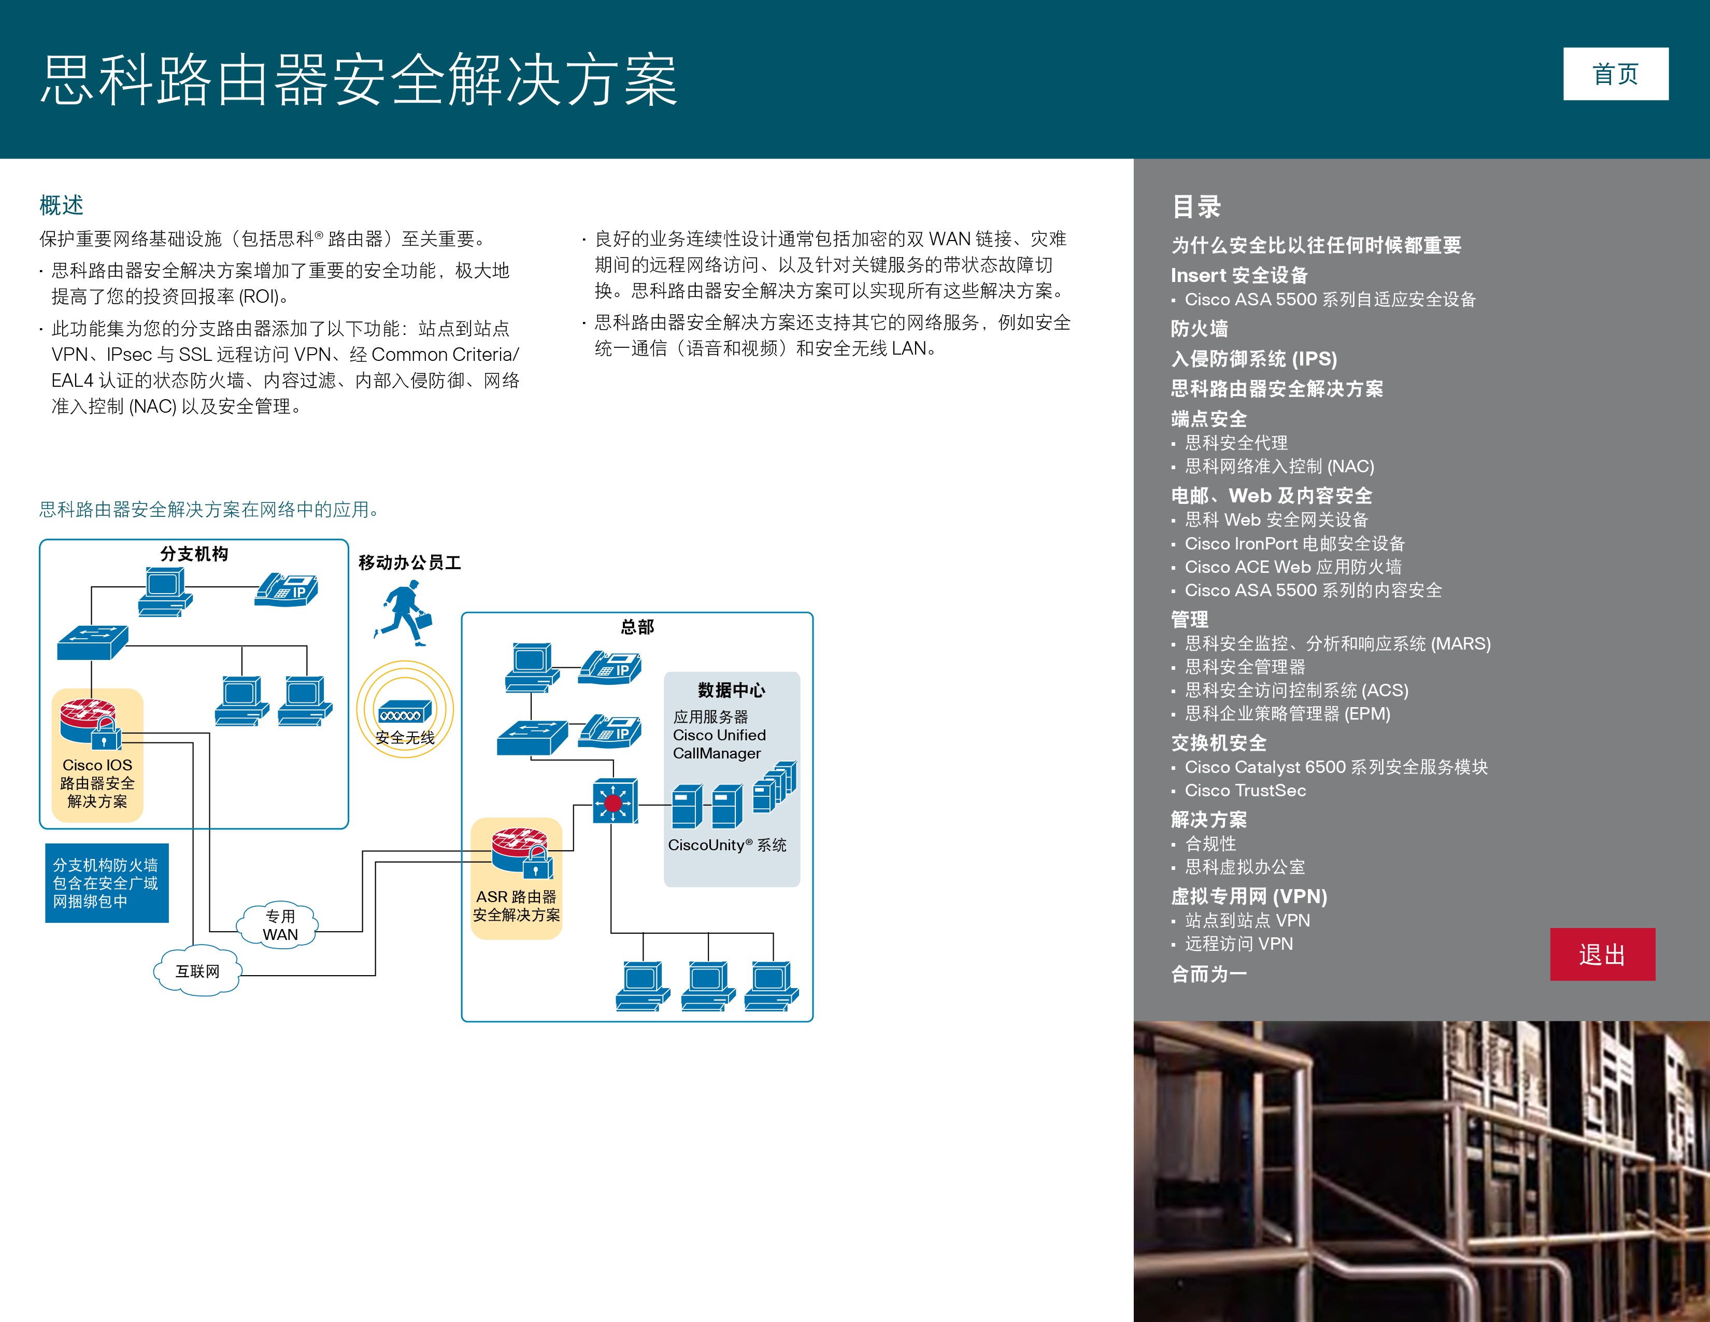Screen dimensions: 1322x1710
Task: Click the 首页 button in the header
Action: tap(1615, 75)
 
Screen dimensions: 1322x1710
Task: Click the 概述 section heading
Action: tap(61, 205)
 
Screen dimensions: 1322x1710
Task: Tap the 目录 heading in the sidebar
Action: tap(1195, 207)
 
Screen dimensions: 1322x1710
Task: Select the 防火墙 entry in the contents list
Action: tap(1199, 329)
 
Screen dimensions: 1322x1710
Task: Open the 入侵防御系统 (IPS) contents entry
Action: tap(1253, 359)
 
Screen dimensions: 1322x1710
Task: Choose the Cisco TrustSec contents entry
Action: tap(1245, 790)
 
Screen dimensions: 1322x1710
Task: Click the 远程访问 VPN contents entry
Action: tap(1238, 944)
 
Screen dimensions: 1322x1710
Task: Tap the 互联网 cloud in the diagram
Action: tap(197, 971)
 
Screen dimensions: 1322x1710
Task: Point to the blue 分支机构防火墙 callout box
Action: tap(106, 883)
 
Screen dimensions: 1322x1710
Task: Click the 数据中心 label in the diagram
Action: tap(731, 690)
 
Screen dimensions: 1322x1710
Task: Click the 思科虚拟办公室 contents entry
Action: tap(1244, 867)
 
